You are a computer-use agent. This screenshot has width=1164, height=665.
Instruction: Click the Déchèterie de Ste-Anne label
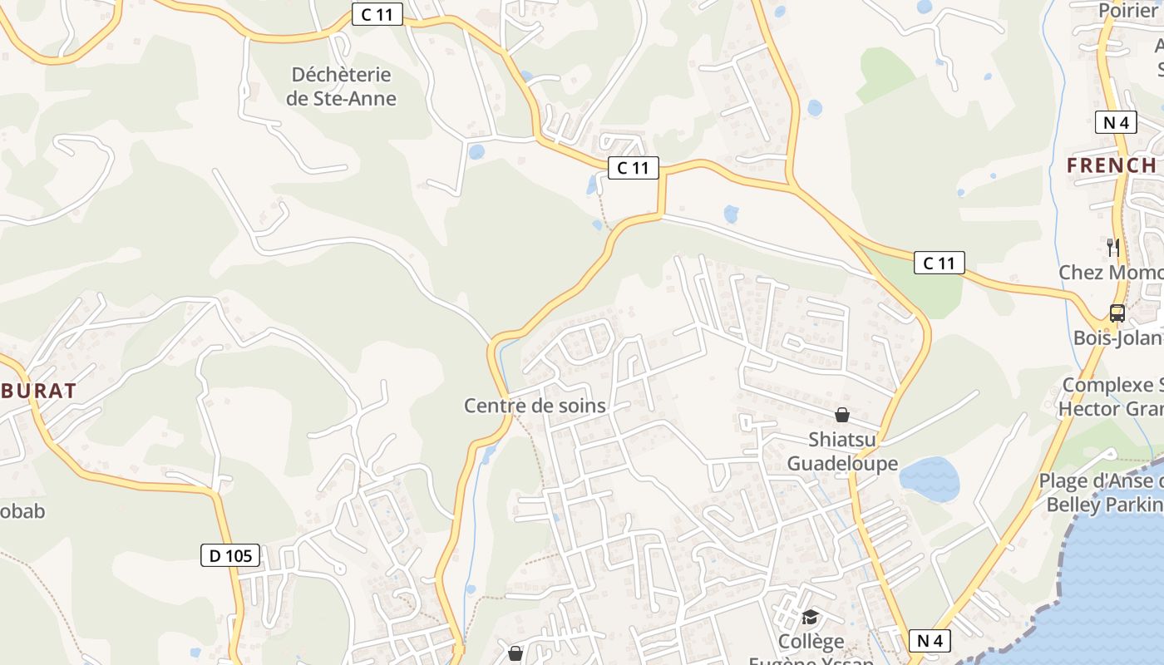point(341,86)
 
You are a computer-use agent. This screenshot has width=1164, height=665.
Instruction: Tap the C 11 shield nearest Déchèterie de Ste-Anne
point(377,14)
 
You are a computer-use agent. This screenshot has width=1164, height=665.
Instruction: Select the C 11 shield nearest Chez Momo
point(940,263)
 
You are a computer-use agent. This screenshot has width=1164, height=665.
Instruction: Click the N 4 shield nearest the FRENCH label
point(1115,122)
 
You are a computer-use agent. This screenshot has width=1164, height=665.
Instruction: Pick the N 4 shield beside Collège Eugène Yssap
point(930,641)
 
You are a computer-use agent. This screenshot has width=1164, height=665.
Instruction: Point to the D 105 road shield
point(230,555)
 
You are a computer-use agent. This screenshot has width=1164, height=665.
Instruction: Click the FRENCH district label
point(1112,165)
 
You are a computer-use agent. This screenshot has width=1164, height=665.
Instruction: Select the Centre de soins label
point(535,406)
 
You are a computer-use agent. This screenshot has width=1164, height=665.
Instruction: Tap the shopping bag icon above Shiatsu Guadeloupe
point(842,414)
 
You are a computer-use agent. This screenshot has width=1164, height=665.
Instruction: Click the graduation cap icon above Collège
point(810,617)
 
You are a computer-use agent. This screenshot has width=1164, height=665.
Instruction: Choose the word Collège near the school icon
point(811,642)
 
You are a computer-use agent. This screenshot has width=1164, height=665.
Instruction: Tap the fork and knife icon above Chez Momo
point(1113,247)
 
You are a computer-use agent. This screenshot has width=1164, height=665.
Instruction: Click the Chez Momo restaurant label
point(1111,273)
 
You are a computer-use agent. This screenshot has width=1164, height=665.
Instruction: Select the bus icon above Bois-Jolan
point(1117,313)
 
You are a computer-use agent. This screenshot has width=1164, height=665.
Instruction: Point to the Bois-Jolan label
point(1117,337)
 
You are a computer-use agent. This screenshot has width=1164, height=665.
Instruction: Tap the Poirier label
point(1127,10)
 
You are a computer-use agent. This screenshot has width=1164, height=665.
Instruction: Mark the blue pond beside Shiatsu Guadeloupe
point(930,479)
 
